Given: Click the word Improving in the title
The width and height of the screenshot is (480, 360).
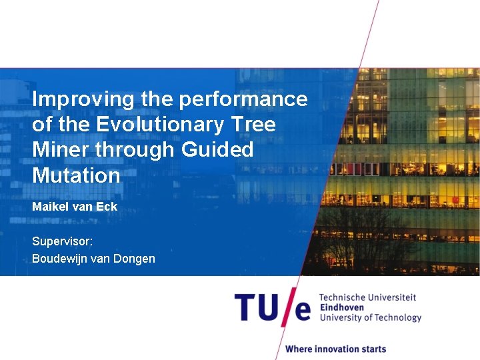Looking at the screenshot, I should click(x=83, y=99).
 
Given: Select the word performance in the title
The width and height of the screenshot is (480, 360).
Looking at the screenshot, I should click(x=243, y=99).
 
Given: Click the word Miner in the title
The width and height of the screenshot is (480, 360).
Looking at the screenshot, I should click(x=61, y=150).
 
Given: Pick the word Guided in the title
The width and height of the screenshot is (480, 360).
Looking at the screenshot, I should click(x=217, y=150).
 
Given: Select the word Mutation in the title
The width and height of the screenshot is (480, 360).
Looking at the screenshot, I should click(x=76, y=175).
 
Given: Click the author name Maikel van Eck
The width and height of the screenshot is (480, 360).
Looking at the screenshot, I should click(x=75, y=207).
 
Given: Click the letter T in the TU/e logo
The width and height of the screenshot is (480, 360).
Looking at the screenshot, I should click(x=246, y=309).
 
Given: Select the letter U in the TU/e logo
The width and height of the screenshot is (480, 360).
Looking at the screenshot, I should click(x=273, y=309).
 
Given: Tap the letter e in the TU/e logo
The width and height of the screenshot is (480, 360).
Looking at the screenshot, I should click(x=303, y=311).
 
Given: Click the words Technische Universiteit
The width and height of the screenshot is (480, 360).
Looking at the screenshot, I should click(x=367, y=297).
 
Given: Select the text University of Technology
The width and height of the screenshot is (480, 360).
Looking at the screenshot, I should click(x=371, y=317).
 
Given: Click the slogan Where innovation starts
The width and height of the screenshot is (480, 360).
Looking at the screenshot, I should click(x=335, y=349).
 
